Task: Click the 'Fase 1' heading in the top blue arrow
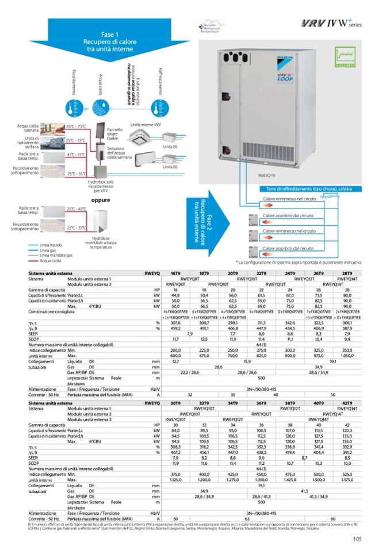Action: pyautogui.click(x=109, y=34)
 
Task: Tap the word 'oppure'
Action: pyautogui.click(x=100, y=201)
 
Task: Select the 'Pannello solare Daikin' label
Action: pyautogui.click(x=115, y=134)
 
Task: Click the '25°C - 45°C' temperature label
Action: pyautogui.click(x=77, y=209)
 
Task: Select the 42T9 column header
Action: pyautogui.click(x=347, y=404)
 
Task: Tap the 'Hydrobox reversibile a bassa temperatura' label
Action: pyautogui.click(x=101, y=242)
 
